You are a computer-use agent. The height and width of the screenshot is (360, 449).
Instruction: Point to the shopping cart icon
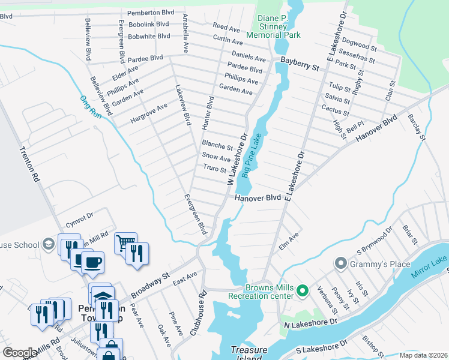125,242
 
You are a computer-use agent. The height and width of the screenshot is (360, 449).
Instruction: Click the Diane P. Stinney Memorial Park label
279,26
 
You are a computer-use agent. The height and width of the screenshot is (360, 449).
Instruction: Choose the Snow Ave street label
217,158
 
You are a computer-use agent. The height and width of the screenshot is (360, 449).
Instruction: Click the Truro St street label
214,169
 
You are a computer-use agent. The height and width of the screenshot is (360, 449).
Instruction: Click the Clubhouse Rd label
202,313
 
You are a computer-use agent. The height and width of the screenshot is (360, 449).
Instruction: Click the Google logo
20,353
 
